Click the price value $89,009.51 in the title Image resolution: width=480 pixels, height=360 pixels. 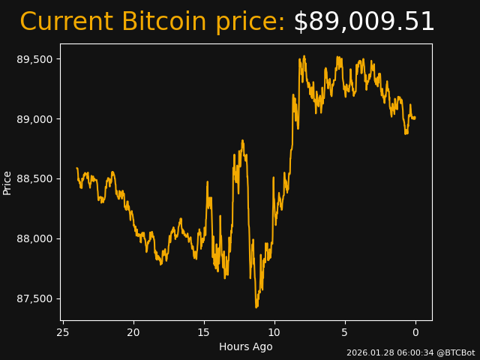tap(364, 22)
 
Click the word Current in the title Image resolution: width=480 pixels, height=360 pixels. tap(66, 22)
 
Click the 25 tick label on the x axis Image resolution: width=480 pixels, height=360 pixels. tap(63, 332)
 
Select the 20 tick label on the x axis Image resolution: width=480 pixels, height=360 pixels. tap(133, 332)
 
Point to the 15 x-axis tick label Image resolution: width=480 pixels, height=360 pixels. tap(204, 332)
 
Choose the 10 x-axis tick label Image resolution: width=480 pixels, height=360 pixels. tap(274, 332)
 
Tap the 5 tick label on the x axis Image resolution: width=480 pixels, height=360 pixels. tap(345, 332)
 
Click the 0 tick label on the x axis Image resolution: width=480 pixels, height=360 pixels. tap(415, 332)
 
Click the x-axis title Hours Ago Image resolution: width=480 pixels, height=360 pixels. tap(246, 346)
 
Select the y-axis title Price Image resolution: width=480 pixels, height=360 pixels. tap(7, 182)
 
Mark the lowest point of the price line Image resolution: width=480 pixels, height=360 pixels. tap(256, 307)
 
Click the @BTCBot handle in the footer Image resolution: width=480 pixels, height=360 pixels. tap(455, 352)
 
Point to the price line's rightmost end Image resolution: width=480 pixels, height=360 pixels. tap(415, 118)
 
